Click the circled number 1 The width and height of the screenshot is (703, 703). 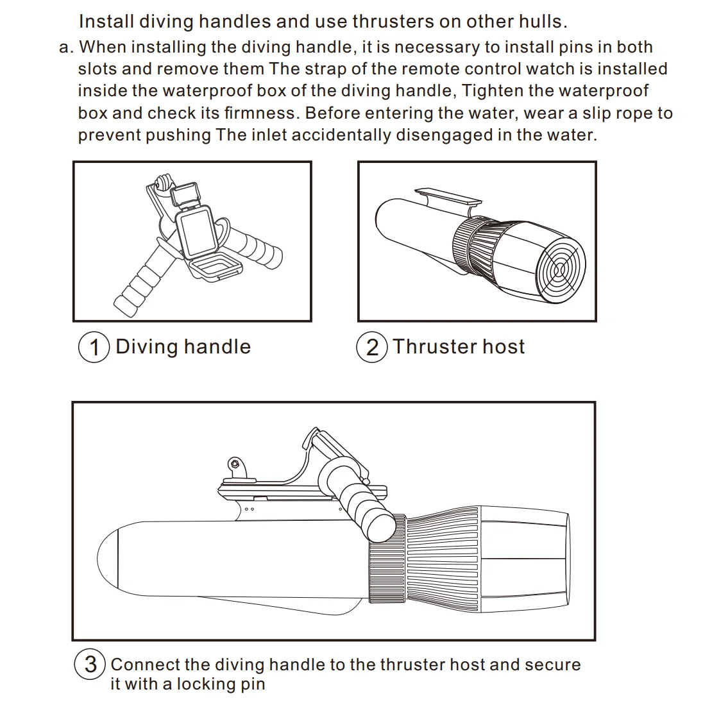tap(94, 348)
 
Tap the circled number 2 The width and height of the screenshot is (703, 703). tap(372, 348)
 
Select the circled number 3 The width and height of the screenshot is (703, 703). tap(90, 664)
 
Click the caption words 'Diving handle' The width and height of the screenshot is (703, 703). tap(183, 347)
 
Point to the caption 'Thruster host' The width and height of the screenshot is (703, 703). tap(459, 347)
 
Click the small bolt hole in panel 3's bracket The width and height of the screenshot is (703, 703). tap(235, 463)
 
